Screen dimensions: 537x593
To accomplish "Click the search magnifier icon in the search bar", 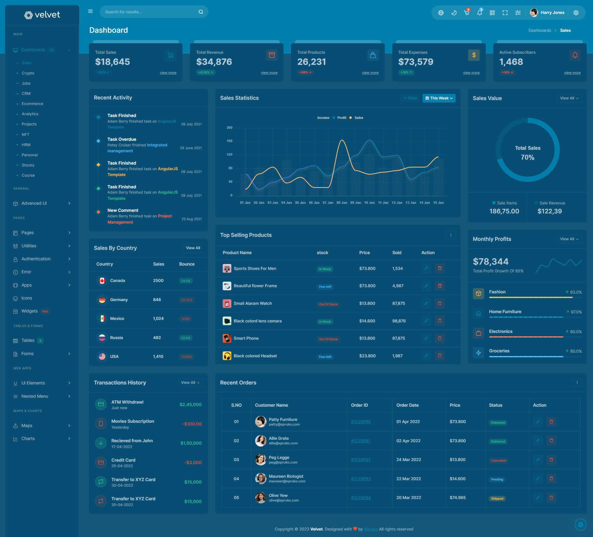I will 201,12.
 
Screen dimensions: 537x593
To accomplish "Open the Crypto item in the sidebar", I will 28,73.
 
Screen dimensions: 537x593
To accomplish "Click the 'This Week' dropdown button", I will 439,98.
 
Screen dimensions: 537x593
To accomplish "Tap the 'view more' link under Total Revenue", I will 269,73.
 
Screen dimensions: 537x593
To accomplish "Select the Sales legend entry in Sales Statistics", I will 358,118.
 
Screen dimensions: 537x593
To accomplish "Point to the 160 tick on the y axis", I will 229,141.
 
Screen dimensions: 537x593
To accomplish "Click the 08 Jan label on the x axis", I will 342,203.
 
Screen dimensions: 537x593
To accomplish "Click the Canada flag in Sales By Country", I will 102,281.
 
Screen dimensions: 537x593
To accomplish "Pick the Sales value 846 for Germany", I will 157,300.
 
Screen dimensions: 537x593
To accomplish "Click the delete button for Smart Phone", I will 440,338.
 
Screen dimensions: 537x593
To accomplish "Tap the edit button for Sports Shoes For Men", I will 426,268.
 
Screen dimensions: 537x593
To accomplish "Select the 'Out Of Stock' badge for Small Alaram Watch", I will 328,304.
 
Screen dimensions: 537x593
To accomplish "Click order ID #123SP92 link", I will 361,460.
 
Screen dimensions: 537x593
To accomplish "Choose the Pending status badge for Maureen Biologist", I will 497,480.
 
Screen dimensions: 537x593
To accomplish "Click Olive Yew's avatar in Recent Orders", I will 261,498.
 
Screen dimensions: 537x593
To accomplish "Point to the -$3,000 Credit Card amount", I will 193,463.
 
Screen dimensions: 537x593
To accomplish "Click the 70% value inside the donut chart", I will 528,157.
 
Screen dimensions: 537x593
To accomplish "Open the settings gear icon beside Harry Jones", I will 576,13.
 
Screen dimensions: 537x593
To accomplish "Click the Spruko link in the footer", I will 371,529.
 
